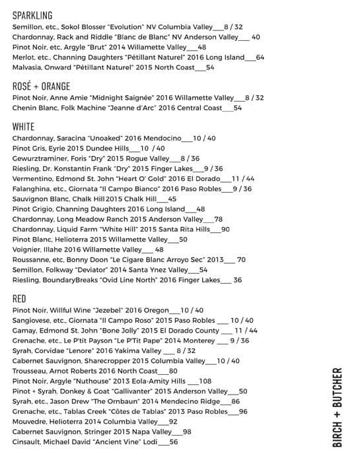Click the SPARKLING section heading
click(32, 15)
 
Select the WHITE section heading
click(24, 126)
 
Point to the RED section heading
click(19, 299)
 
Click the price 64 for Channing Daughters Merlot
click(260, 57)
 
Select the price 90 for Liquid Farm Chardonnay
click(225, 229)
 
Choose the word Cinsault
click(28, 442)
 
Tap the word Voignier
click(29, 249)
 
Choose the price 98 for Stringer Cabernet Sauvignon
click(187, 432)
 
